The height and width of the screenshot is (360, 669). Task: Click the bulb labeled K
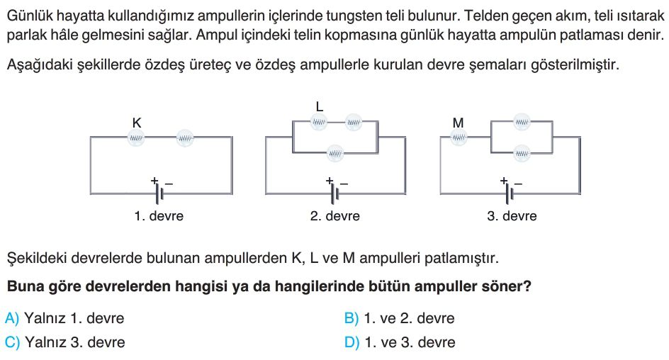coord(136,137)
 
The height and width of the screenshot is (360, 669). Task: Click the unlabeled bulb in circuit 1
coord(185,138)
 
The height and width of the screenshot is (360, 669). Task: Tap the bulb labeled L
coord(319,123)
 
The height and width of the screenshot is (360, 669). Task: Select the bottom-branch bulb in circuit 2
coord(335,152)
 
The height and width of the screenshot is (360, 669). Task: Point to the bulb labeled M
coord(459,137)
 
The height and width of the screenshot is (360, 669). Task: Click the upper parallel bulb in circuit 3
coord(522,122)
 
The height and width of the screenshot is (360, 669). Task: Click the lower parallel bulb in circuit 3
coord(522,152)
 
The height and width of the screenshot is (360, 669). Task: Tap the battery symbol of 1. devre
coord(159,194)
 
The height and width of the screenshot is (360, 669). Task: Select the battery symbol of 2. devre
coord(335,194)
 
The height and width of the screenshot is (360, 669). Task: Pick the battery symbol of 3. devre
coord(510,194)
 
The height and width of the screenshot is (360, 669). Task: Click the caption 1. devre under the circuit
coord(159,216)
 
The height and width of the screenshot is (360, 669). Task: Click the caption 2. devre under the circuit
coord(335,216)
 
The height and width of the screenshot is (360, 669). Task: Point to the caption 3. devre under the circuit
coord(512,216)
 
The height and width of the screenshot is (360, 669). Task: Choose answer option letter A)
coord(12,318)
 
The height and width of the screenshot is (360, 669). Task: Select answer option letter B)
coord(352,318)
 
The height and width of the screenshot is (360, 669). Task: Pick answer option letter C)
coord(12,342)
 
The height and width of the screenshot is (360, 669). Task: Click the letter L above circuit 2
coord(320,106)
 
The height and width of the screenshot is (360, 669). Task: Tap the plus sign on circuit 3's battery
coord(504,181)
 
